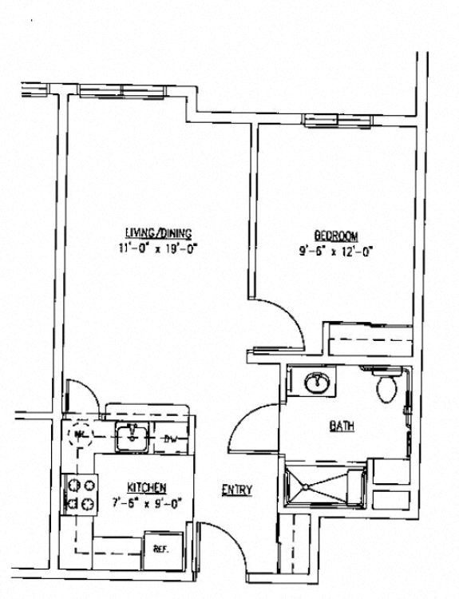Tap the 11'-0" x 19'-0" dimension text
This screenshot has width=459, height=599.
(163, 248)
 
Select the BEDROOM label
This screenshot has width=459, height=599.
(335, 236)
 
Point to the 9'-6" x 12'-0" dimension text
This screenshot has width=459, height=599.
(335, 250)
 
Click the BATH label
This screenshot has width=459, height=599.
(342, 426)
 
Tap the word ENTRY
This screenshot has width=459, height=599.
(237, 490)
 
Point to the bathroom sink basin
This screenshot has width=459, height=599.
(317, 383)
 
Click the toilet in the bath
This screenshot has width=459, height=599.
(386, 386)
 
